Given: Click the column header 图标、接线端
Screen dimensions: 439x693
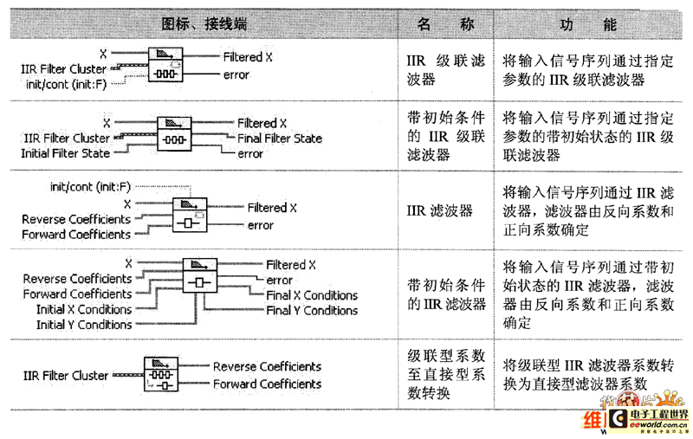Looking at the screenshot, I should point(204,24).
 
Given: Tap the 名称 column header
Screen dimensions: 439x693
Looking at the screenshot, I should point(446,24).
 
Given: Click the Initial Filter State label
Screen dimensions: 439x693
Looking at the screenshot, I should point(66,153).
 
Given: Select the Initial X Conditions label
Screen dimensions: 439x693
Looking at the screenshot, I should point(84,309).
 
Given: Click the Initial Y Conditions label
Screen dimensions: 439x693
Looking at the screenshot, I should point(84,325).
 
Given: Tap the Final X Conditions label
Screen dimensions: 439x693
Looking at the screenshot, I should point(312,295).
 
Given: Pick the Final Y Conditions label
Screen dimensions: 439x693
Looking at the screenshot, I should point(312,310).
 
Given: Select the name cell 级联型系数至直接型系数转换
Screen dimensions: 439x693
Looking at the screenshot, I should point(446,374).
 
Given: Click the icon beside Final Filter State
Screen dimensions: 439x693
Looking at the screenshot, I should point(176,137).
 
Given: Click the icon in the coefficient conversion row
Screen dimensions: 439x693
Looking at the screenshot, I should point(159,375).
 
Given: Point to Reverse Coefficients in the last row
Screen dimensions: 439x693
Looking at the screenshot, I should point(267,367).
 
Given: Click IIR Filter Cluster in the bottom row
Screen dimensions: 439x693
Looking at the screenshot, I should point(66,376).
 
